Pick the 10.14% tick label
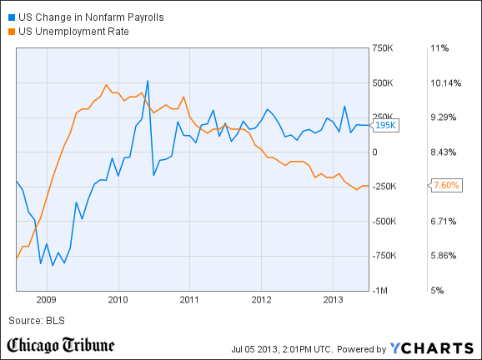point(446,82)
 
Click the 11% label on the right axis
point(439,48)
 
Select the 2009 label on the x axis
point(46,299)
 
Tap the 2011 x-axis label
point(189,299)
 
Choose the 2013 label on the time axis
point(334,299)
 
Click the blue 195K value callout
point(386,125)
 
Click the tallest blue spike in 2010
point(148,81)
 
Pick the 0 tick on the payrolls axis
point(375,152)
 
